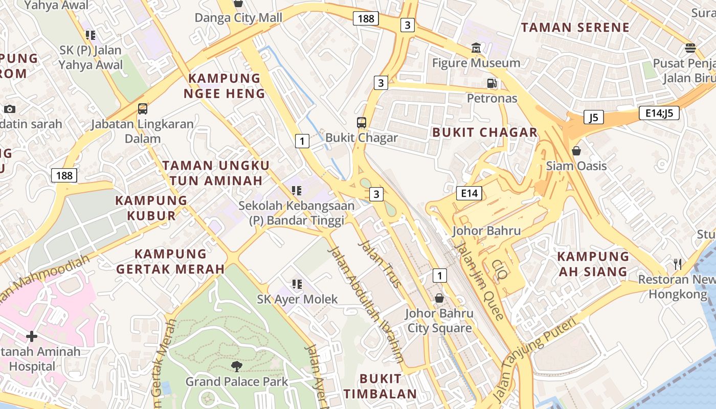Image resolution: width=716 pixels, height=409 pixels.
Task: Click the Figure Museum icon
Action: [x=476, y=48]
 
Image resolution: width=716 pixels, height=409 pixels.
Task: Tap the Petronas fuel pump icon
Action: [x=491, y=83]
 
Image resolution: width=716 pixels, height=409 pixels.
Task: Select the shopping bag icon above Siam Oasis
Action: [x=576, y=151]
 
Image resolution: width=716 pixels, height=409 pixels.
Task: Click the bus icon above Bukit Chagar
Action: [x=362, y=123]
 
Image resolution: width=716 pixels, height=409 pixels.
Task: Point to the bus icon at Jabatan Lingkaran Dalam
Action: [x=143, y=109]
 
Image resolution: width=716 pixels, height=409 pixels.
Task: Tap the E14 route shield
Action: [x=469, y=193]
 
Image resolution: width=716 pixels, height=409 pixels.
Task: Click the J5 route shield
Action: [x=593, y=118]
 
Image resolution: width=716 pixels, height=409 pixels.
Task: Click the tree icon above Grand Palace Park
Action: [x=236, y=366]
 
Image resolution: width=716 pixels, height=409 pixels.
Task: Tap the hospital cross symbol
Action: [x=32, y=336]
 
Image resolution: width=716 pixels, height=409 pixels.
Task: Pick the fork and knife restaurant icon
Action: [x=678, y=264]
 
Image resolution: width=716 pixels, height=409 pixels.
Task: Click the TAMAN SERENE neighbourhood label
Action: [x=575, y=28]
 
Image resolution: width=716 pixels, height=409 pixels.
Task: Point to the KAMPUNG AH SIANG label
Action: [x=592, y=264]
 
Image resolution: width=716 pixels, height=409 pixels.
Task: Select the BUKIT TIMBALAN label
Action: [x=380, y=386]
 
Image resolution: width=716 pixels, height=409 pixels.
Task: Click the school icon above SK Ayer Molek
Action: [x=297, y=284]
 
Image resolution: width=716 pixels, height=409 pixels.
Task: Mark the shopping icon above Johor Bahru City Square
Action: [x=439, y=298]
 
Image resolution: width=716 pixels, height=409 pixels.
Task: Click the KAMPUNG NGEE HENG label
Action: [x=225, y=86]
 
